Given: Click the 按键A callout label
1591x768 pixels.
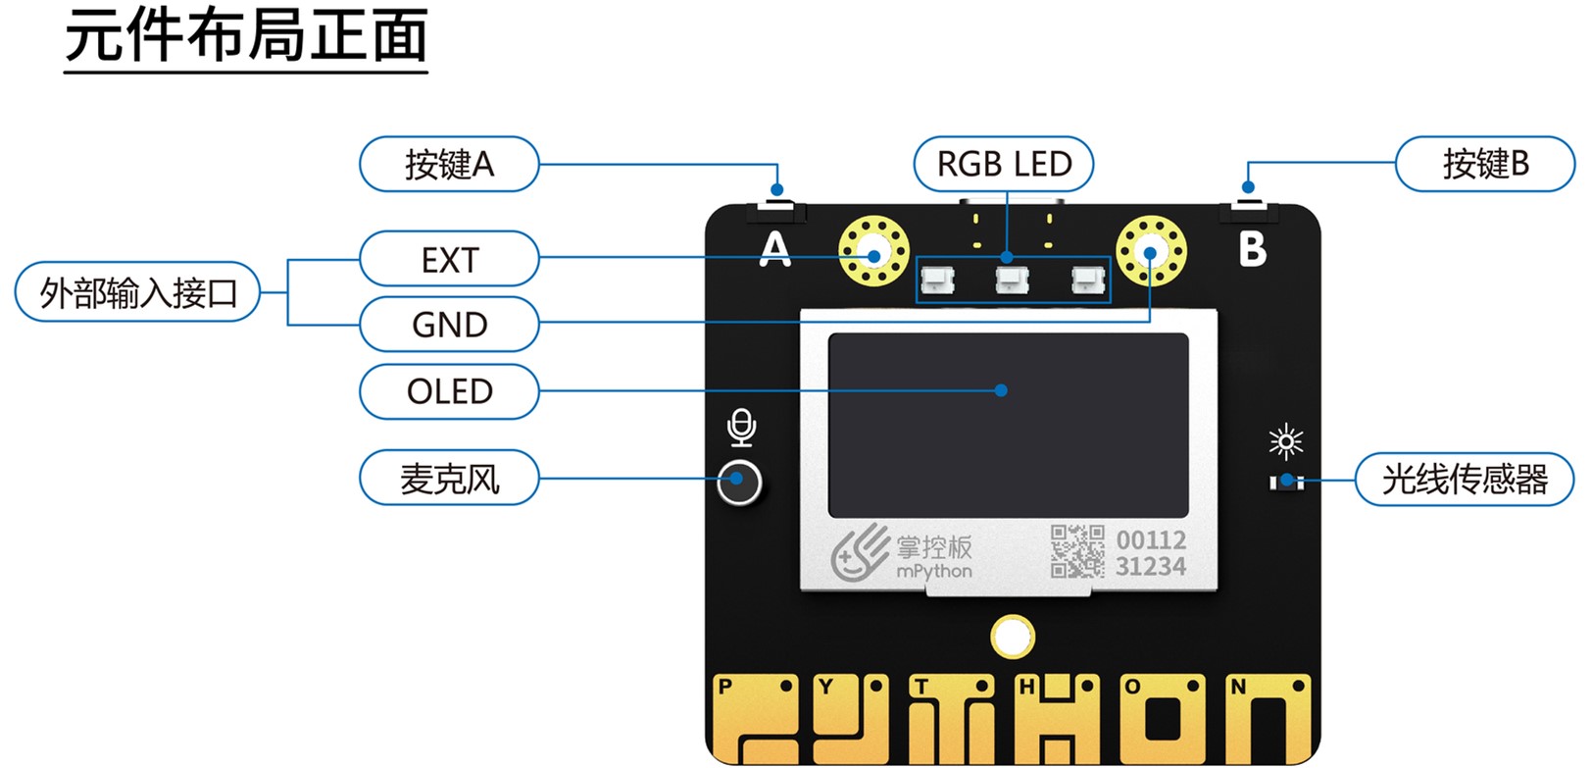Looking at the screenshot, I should [449, 164].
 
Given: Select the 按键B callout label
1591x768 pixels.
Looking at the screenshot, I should [1484, 164].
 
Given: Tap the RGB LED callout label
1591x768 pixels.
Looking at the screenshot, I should [1004, 164].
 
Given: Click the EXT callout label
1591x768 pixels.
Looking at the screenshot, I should [449, 259].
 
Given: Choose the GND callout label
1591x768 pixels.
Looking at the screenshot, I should [449, 325].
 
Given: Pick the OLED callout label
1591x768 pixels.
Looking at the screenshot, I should [449, 391].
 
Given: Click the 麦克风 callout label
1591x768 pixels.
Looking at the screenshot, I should [449, 478].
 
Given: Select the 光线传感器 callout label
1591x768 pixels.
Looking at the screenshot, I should [1464, 479].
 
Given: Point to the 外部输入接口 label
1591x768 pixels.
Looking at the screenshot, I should [137, 292].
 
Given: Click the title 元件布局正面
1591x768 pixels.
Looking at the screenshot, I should [246, 37].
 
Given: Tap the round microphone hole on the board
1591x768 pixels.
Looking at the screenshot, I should [739, 482].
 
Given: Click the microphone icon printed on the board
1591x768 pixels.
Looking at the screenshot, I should [742, 428].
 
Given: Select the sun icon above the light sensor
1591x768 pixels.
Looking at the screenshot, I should [1285, 441].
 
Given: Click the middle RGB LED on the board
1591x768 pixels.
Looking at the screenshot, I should [1011, 281].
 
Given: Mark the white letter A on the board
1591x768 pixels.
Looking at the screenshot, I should [774, 249].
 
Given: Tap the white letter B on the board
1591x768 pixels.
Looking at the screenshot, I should [1252, 249].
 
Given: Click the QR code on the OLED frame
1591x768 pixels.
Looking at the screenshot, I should [1076, 551].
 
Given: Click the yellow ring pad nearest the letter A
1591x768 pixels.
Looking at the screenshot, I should [873, 252].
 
